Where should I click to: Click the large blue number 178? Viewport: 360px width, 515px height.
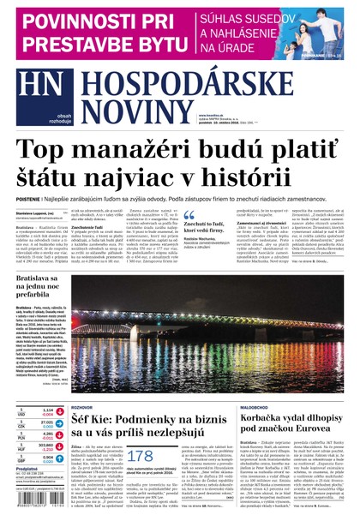(140, 458)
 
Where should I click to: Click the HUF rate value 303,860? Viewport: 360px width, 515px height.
(46, 445)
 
